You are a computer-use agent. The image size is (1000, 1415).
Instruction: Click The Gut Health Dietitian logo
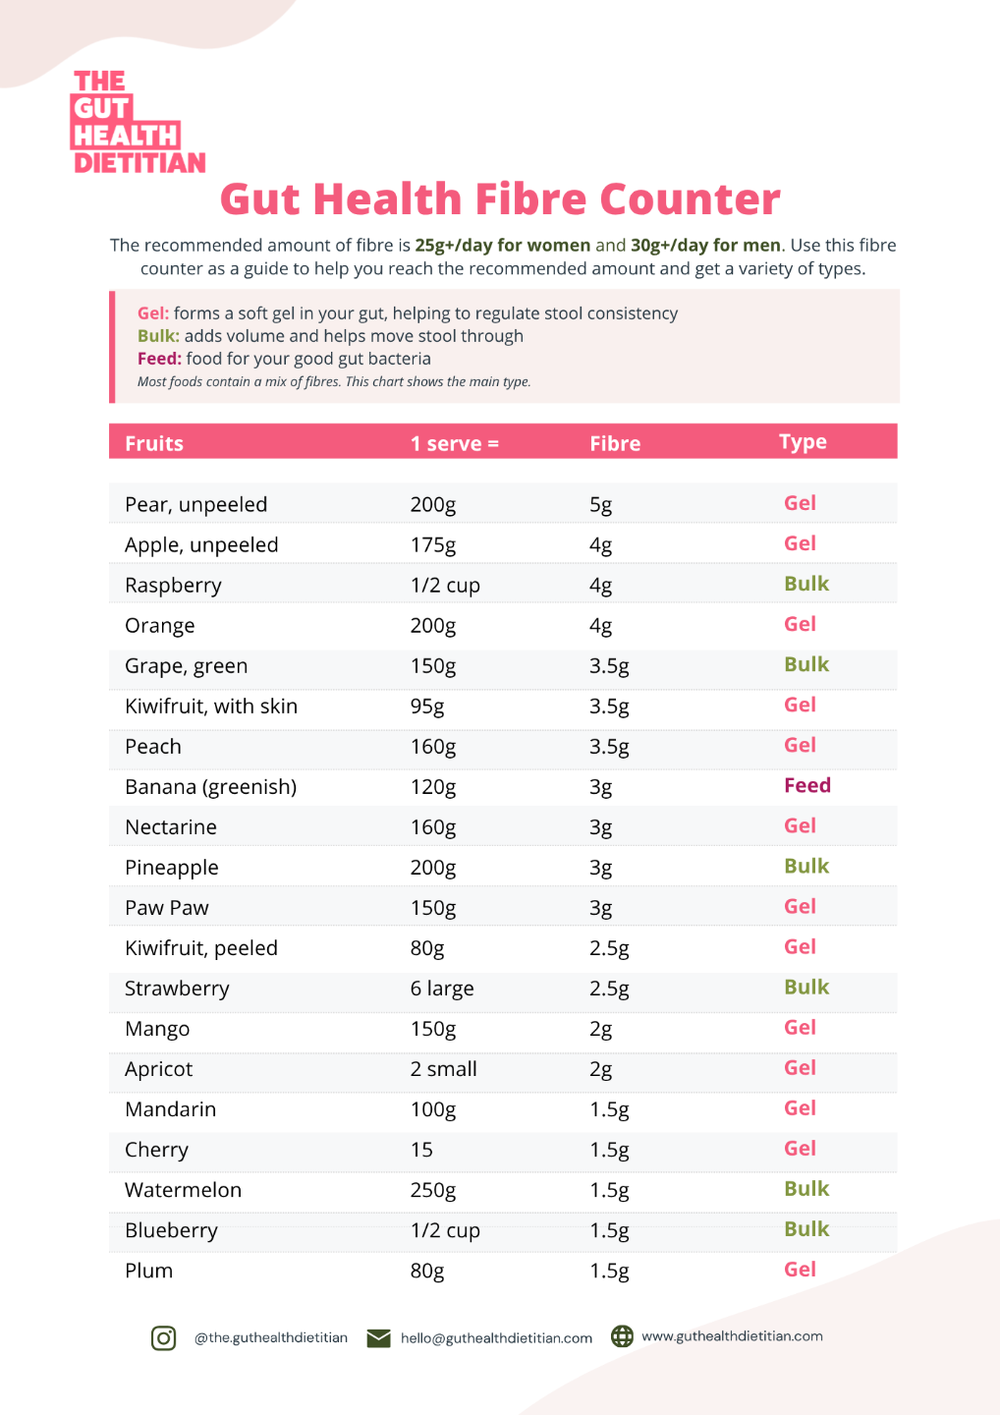[x=139, y=121]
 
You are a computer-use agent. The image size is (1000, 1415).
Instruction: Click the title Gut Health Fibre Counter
[x=500, y=198]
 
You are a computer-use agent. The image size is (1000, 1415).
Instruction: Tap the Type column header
[x=803, y=442]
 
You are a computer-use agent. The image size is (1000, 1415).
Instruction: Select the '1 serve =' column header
[x=455, y=443]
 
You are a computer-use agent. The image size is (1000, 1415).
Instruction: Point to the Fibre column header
[x=615, y=443]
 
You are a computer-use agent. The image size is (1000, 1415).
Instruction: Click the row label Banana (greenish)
[x=211, y=787]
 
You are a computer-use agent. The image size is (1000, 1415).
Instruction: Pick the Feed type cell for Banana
[x=807, y=785]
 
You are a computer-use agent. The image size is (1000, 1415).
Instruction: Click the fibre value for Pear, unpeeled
[x=600, y=505]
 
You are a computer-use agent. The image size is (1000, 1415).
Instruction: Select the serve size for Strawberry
[x=442, y=988]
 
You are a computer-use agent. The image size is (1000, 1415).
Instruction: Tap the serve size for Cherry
[x=421, y=1150]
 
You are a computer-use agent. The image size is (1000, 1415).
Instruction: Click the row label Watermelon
[x=183, y=1190]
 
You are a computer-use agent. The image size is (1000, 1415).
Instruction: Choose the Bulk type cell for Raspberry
[x=806, y=584]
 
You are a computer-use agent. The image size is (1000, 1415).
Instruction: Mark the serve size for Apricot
[x=443, y=1069]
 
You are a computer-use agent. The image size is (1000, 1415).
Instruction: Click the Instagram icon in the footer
[x=163, y=1338]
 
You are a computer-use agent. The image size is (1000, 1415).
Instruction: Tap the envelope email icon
[x=378, y=1338]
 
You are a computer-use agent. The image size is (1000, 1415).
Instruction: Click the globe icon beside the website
[x=622, y=1336]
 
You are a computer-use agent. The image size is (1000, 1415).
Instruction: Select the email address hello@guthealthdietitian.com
[x=496, y=1338]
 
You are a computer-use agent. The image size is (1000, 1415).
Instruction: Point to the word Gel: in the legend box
[x=153, y=313]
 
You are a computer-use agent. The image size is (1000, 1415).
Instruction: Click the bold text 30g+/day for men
[x=705, y=245]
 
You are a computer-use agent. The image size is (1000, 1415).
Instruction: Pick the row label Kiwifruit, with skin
[x=211, y=707]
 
